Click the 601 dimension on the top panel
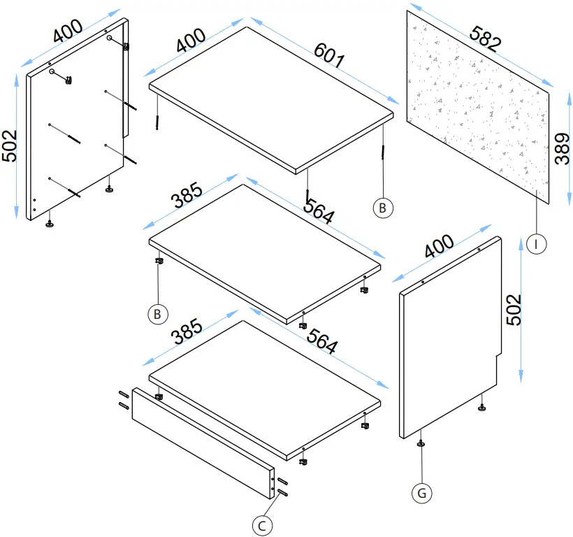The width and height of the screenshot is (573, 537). pos(329,55)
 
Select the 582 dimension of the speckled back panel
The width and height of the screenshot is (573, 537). pos(485,38)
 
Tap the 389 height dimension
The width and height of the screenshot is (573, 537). pos(562,149)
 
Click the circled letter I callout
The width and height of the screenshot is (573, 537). pos(537,244)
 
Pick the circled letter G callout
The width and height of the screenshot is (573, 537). pos(421,493)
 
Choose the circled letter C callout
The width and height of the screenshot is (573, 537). pos(262,526)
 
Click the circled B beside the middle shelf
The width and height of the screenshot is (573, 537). pos(158,314)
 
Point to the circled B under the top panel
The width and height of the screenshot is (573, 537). pos(383,208)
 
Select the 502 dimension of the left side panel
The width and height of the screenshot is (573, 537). pos(10,145)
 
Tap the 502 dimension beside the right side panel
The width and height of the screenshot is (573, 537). pos(514,310)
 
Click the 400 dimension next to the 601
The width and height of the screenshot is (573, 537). pos(191,40)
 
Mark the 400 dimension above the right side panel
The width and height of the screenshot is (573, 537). pos(439,245)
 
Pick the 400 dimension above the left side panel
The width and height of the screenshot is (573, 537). pos(68,30)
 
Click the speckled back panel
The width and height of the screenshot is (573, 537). pos(478,107)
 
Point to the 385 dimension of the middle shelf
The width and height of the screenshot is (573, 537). pos(187,195)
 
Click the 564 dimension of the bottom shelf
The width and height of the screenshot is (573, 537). pos(322,341)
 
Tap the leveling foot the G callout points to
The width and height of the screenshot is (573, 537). pos(421,444)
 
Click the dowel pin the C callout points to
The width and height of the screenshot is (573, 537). pos(283,493)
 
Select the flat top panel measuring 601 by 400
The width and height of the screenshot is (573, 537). pos(271,101)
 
